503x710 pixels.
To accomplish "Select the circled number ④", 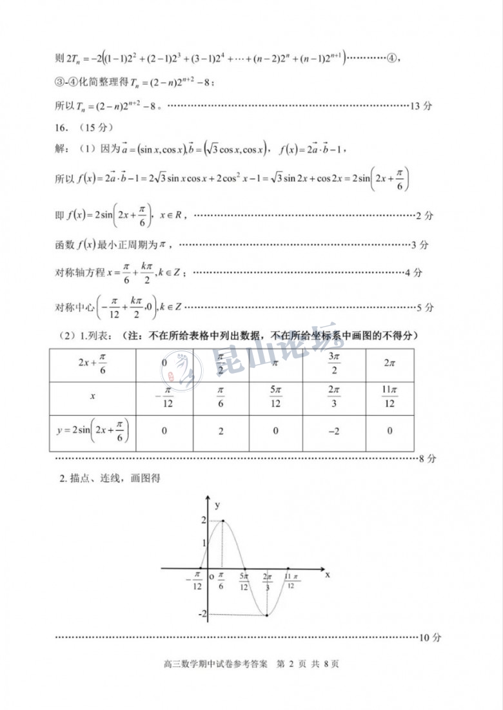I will [x=391, y=59].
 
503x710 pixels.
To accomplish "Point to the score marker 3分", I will [x=420, y=245].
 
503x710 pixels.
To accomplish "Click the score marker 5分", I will [x=425, y=307].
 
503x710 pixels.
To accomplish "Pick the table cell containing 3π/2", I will [x=334, y=364].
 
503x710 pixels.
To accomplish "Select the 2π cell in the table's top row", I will [x=390, y=364].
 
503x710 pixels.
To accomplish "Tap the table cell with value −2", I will [x=334, y=431].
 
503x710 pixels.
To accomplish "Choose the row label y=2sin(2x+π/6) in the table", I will [x=92, y=431].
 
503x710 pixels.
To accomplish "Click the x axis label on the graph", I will [x=328, y=573].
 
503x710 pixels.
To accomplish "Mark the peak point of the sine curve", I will [x=223, y=521].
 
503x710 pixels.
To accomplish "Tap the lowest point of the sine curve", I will [x=267, y=615].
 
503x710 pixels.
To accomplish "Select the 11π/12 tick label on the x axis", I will [x=290, y=580].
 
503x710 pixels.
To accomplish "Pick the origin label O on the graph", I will [x=211, y=577].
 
